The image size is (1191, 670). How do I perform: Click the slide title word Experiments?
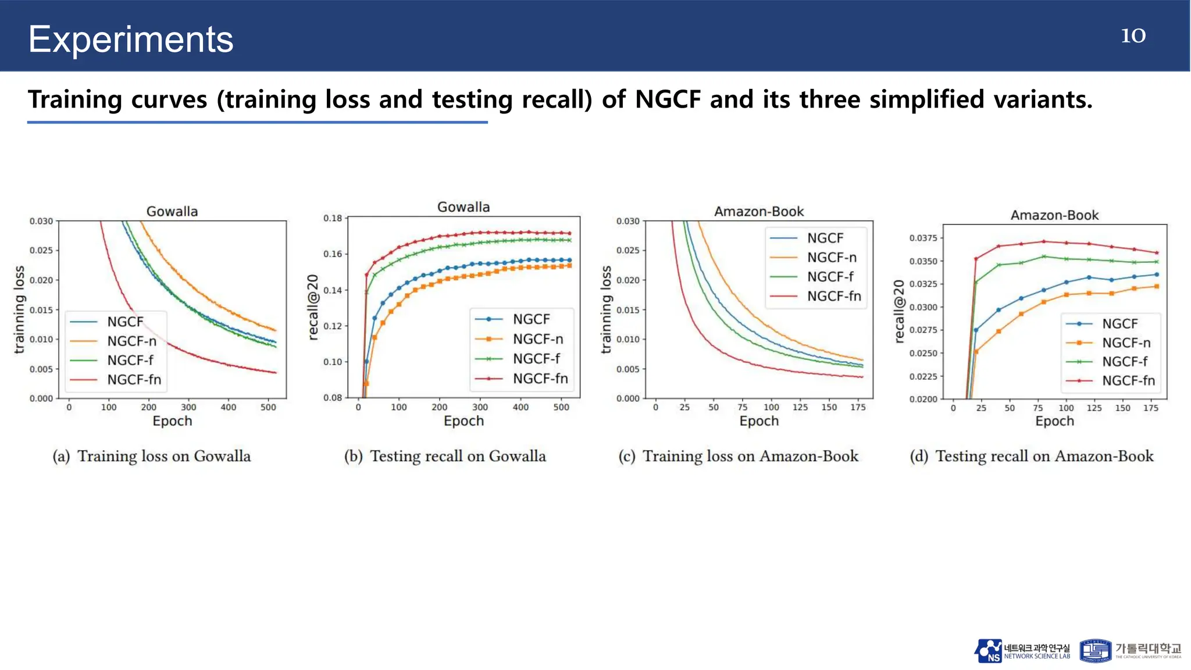(131, 40)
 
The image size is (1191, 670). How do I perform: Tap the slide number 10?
(1133, 35)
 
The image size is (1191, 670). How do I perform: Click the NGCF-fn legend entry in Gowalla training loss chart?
(133, 380)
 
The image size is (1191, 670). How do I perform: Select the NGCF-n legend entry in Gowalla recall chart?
(537, 339)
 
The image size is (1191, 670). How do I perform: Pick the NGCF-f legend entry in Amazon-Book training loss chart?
(830, 277)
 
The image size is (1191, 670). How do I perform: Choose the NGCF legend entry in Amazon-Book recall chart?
(1119, 324)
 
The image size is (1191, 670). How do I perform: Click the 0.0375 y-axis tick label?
(923, 238)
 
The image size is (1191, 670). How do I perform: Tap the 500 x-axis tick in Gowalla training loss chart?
(268, 407)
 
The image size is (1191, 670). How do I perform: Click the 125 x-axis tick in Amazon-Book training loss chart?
(800, 407)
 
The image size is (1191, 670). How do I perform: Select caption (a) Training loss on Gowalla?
(152, 456)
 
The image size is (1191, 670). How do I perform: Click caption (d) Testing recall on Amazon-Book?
(1032, 456)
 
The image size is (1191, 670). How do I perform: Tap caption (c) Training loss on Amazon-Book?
(739, 456)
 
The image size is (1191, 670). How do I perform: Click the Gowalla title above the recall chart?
(463, 207)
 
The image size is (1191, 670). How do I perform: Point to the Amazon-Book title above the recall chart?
(1054, 215)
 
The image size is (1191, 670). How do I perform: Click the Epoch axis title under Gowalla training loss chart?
(172, 421)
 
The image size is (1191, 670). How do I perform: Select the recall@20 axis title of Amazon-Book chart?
(900, 311)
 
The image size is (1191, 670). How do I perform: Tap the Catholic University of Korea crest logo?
(1095, 651)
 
